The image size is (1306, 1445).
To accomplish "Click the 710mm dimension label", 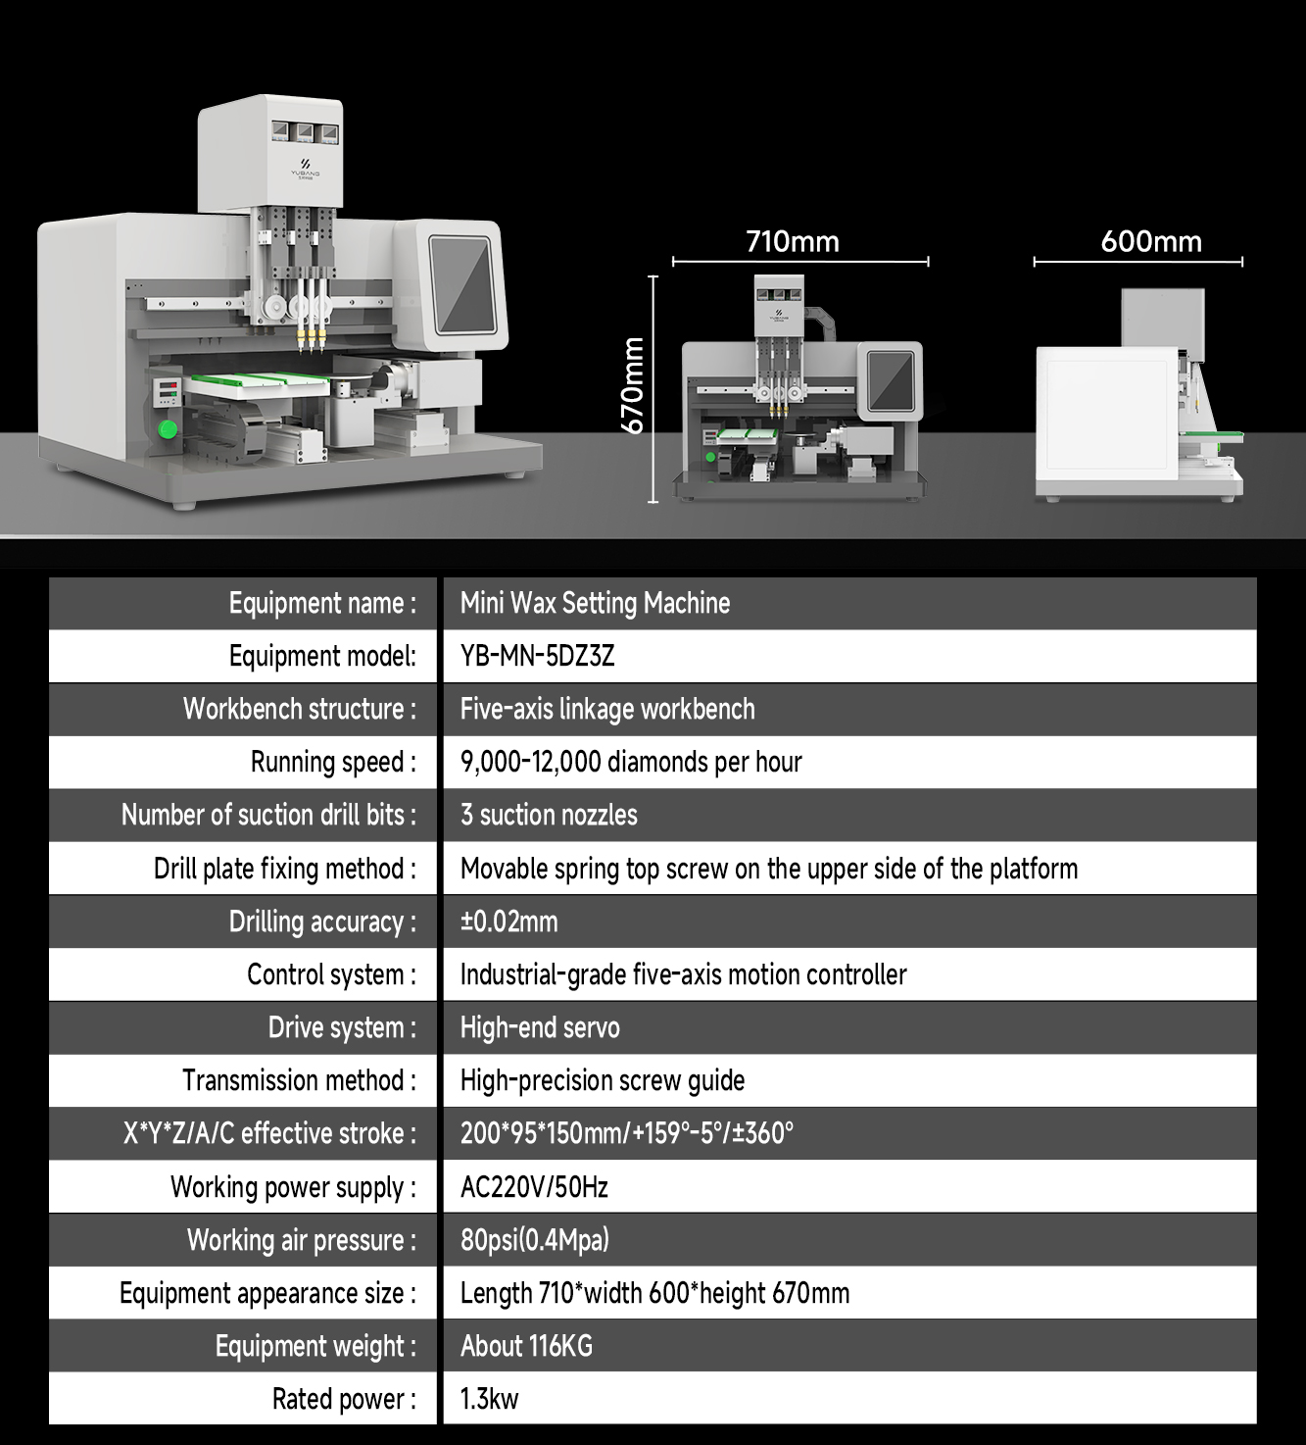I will point(793,241).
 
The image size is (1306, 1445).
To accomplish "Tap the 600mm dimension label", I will point(1151,241).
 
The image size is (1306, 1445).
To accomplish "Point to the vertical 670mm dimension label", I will point(634,385).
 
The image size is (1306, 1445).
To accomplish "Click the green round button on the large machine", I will point(169,429).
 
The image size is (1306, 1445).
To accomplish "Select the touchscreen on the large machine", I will point(464,283).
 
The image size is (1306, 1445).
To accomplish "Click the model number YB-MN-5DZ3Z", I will point(537,656).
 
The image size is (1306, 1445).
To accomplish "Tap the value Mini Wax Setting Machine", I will point(595,603).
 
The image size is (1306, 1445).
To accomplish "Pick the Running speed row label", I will point(333,762).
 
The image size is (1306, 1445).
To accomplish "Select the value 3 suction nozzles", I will point(549,815).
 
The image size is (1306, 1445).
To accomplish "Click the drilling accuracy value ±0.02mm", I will point(508,922).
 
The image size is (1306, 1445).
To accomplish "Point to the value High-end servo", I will point(540,1027).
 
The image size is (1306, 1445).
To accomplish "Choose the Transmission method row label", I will point(299,1080).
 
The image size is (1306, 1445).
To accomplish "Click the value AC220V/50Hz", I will point(534,1187).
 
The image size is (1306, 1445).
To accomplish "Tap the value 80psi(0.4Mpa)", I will point(534,1240).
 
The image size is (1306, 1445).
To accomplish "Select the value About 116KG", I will point(526,1346).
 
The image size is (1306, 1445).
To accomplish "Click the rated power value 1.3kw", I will point(489,1399).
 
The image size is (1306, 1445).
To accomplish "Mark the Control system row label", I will point(331,974).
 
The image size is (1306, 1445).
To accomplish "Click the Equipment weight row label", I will point(315,1346).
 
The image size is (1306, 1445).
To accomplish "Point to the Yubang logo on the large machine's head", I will point(305,169).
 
